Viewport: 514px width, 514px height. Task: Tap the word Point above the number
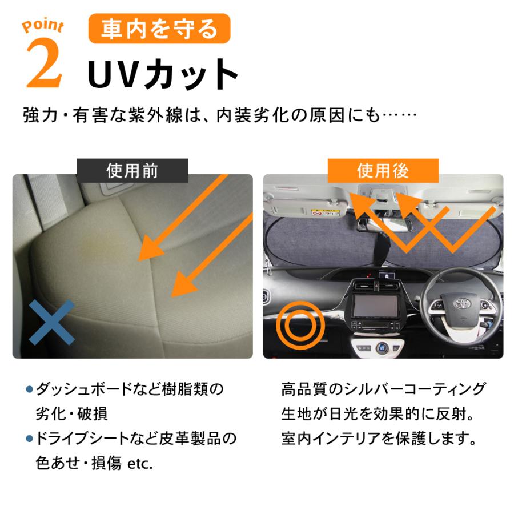43,26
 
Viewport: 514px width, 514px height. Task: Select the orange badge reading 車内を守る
159,29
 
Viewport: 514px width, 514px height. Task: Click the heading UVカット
163,75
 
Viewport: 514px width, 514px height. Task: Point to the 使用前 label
132,171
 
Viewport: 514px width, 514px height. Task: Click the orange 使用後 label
383,171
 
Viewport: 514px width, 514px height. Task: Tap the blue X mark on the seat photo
51,323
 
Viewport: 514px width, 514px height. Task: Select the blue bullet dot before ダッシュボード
29,389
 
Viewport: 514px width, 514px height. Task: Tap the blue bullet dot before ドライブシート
29,439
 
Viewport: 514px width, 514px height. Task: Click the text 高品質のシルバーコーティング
383,389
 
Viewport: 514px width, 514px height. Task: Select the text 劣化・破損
71,413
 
